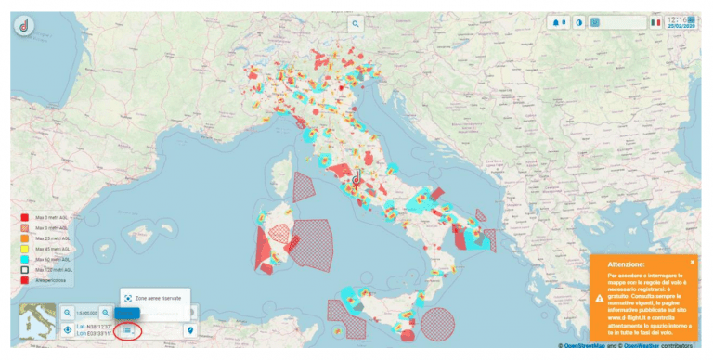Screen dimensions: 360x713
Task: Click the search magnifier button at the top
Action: coord(356,23)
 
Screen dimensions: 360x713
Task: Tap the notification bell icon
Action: coord(558,22)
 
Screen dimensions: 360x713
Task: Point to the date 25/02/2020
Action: coord(685,26)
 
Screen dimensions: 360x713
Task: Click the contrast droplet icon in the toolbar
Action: coord(579,22)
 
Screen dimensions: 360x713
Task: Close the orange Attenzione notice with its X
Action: coord(692,263)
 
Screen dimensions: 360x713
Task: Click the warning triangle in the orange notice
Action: coord(599,298)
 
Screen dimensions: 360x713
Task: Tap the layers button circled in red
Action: coord(128,330)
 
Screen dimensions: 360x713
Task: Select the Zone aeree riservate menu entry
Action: coord(155,299)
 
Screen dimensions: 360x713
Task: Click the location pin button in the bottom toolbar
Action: coord(191,330)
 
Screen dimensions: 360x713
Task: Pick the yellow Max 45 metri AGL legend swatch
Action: coord(26,248)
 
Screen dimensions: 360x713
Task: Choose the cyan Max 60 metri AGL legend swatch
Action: coord(26,258)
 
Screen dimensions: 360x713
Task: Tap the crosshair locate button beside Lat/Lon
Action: coord(68,330)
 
